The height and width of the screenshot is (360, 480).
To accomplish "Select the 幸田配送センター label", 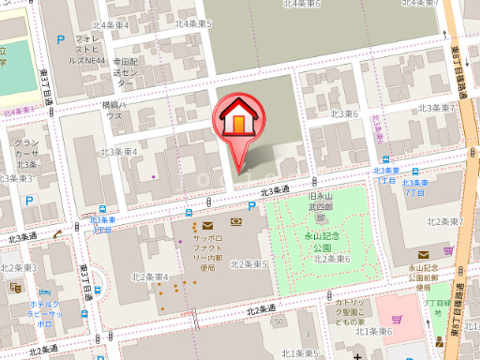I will click(x=127, y=71).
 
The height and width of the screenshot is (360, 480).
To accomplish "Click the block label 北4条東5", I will click(x=193, y=22).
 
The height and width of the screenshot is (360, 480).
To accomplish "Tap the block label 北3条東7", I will click(x=436, y=108).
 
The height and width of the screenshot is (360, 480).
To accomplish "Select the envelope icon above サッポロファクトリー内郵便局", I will click(x=206, y=225).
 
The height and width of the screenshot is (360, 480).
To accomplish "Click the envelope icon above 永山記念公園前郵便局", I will click(x=424, y=254).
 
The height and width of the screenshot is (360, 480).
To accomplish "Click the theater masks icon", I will click(x=16, y=290).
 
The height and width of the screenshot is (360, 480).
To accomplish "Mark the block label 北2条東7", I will click(x=446, y=221).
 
